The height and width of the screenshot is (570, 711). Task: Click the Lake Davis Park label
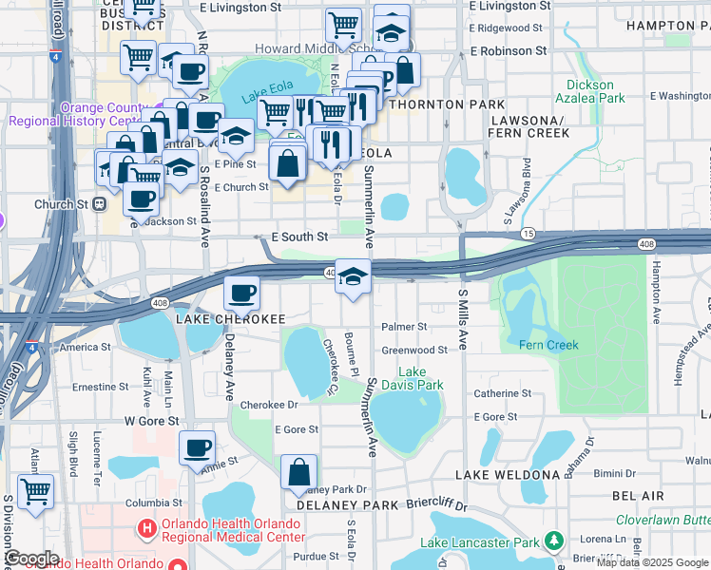click(419, 378)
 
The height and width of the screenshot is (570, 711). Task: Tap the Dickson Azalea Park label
click(596, 91)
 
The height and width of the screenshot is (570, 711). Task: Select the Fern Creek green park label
click(548, 345)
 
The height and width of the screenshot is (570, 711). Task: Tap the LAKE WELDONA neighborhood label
click(508, 474)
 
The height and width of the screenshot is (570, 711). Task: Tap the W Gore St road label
click(151, 420)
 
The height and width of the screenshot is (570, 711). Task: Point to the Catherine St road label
click(502, 393)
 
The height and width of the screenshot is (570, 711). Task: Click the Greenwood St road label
click(414, 351)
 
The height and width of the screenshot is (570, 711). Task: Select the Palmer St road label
click(404, 326)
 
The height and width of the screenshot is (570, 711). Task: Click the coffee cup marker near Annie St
click(197, 447)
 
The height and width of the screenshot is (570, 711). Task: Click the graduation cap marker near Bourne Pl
click(353, 276)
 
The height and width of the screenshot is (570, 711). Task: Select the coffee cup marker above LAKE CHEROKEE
click(241, 292)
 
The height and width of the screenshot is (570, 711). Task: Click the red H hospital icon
click(146, 526)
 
